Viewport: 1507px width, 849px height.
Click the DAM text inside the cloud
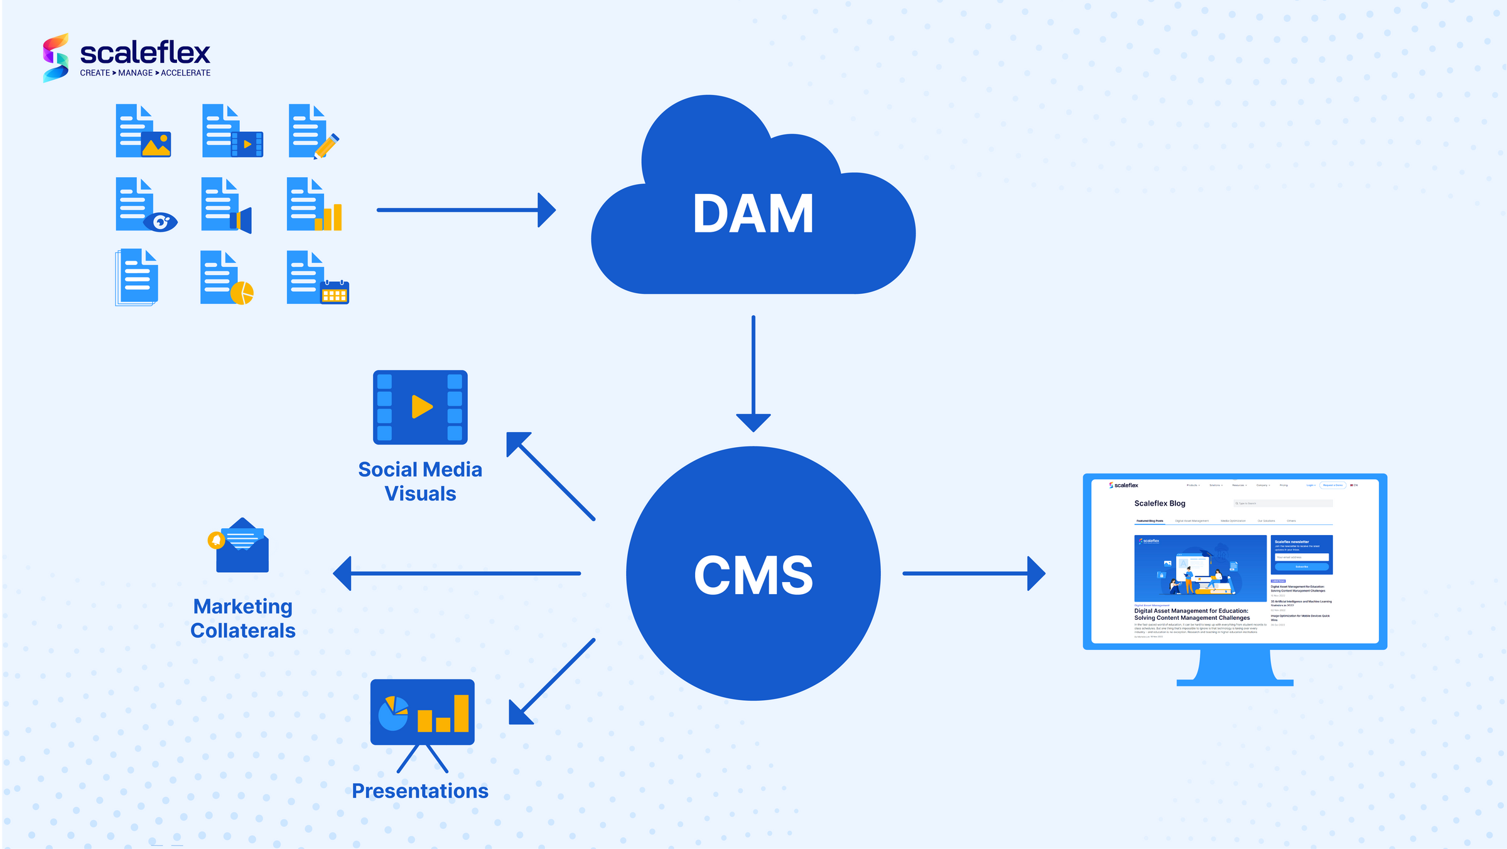click(753, 214)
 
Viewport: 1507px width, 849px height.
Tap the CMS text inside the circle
click(753, 575)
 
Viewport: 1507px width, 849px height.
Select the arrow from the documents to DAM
click(465, 210)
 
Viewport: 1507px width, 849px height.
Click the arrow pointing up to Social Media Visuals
click(549, 475)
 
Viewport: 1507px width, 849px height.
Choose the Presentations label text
click(419, 791)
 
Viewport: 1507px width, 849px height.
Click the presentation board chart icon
click(422, 713)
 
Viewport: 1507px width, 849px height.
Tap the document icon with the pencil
click(313, 131)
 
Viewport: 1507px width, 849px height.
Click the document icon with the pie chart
click(225, 278)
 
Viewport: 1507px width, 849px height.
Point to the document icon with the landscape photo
click(143, 131)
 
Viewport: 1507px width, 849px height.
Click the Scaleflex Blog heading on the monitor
click(1159, 503)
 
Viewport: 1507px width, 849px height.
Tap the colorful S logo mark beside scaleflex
click(55, 58)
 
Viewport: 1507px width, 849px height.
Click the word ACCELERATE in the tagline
click(185, 73)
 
